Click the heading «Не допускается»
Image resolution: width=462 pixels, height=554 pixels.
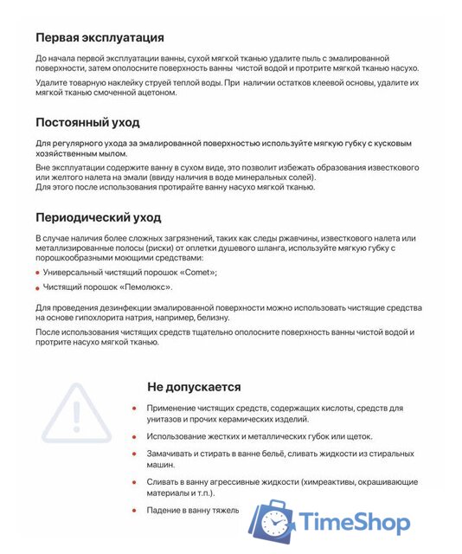pyautogui.click(x=194, y=387)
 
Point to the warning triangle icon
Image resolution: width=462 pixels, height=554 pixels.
pyautogui.click(x=77, y=409)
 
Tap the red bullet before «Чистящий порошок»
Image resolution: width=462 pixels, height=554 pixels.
pyautogui.click(x=38, y=287)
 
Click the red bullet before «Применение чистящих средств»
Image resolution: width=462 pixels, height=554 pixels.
pyautogui.click(x=134, y=409)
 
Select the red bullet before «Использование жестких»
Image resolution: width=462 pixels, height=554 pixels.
pyautogui.click(x=134, y=437)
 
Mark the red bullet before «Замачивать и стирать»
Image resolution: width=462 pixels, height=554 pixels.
pyautogui.click(x=134, y=454)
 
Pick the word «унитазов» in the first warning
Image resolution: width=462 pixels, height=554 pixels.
pyautogui.click(x=170, y=420)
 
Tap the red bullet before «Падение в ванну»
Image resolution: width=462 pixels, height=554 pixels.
pyautogui.click(x=134, y=511)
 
